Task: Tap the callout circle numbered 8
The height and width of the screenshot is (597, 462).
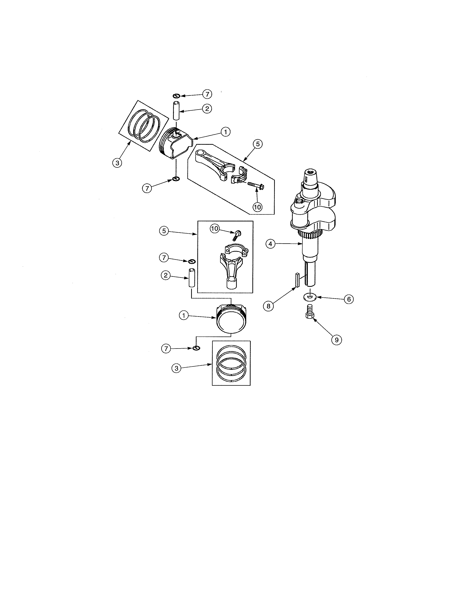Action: tap(268, 306)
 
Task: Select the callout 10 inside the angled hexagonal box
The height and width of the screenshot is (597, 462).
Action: tap(257, 207)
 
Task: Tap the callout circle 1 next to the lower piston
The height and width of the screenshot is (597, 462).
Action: tap(184, 316)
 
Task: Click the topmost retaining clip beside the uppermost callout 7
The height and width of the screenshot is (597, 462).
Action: tap(176, 96)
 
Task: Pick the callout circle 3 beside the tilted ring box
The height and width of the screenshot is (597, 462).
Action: tap(117, 163)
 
